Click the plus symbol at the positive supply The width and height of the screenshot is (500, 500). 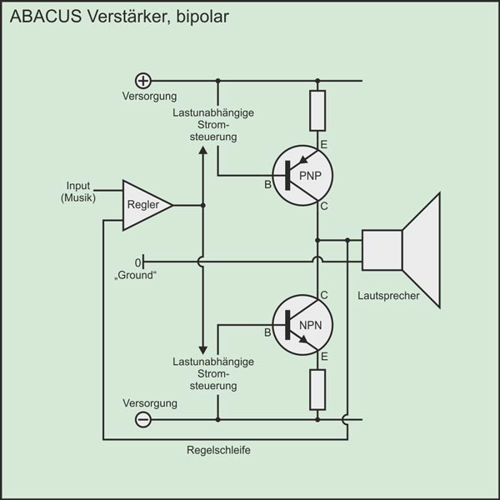(143, 81)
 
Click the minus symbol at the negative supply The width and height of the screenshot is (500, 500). (143, 420)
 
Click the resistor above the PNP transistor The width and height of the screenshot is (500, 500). (317, 111)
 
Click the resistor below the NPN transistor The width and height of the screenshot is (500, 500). (317, 388)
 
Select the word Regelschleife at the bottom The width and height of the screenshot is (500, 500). (219, 450)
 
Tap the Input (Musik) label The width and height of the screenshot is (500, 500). (79, 192)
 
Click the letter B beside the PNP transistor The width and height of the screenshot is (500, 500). (268, 184)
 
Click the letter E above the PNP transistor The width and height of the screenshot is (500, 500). (323, 145)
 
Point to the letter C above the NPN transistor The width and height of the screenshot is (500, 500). (323, 295)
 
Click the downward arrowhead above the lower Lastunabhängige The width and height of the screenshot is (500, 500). (202, 349)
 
